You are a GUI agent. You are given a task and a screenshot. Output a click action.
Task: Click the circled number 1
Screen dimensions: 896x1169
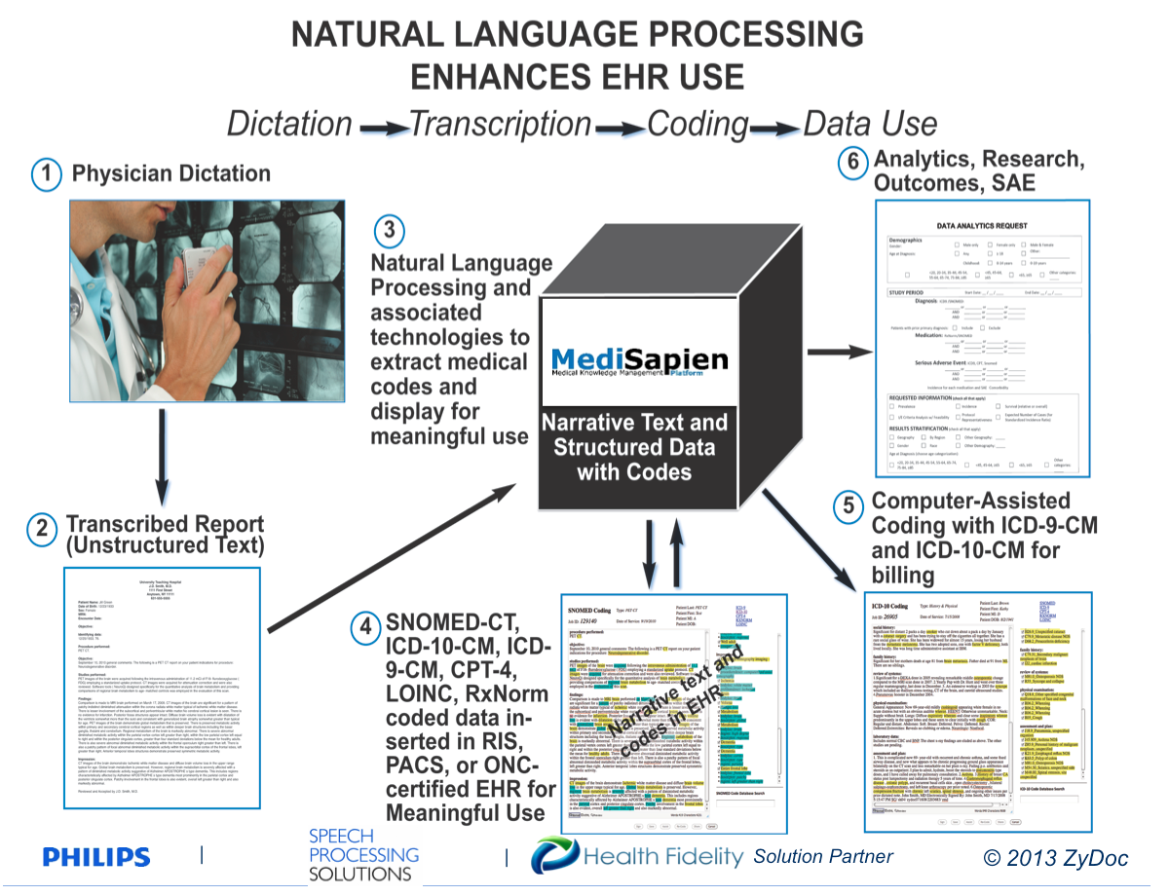(45, 176)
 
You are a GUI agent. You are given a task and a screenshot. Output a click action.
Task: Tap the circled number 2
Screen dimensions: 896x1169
(43, 529)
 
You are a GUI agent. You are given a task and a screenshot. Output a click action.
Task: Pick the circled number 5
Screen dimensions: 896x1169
(849, 506)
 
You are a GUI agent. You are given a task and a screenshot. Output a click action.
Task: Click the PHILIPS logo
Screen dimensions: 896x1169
(96, 857)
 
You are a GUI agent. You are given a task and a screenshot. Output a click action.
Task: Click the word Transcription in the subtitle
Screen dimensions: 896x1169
(500, 125)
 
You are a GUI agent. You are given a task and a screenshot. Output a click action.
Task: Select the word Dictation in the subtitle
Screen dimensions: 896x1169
(289, 125)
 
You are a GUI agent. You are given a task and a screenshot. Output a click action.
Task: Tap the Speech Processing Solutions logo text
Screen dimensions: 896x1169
(363, 855)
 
